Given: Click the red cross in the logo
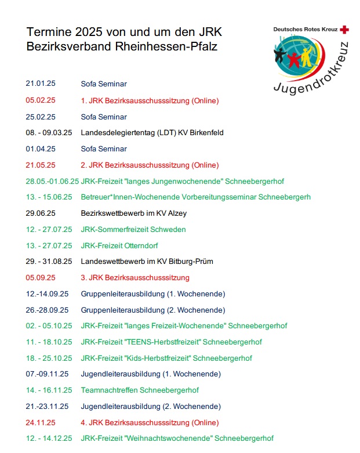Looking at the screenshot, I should coord(345,29).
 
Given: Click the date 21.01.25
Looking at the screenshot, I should coord(40,84).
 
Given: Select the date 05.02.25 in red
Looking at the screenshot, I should coord(40,100).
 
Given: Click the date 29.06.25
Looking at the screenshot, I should coord(40,213).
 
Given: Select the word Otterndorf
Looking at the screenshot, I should coord(141,245).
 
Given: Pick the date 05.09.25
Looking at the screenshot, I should coord(40,278).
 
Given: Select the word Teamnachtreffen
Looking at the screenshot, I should coord(109,390).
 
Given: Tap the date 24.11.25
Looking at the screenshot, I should coord(40,423).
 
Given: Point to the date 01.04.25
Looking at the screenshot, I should coord(40,149).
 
